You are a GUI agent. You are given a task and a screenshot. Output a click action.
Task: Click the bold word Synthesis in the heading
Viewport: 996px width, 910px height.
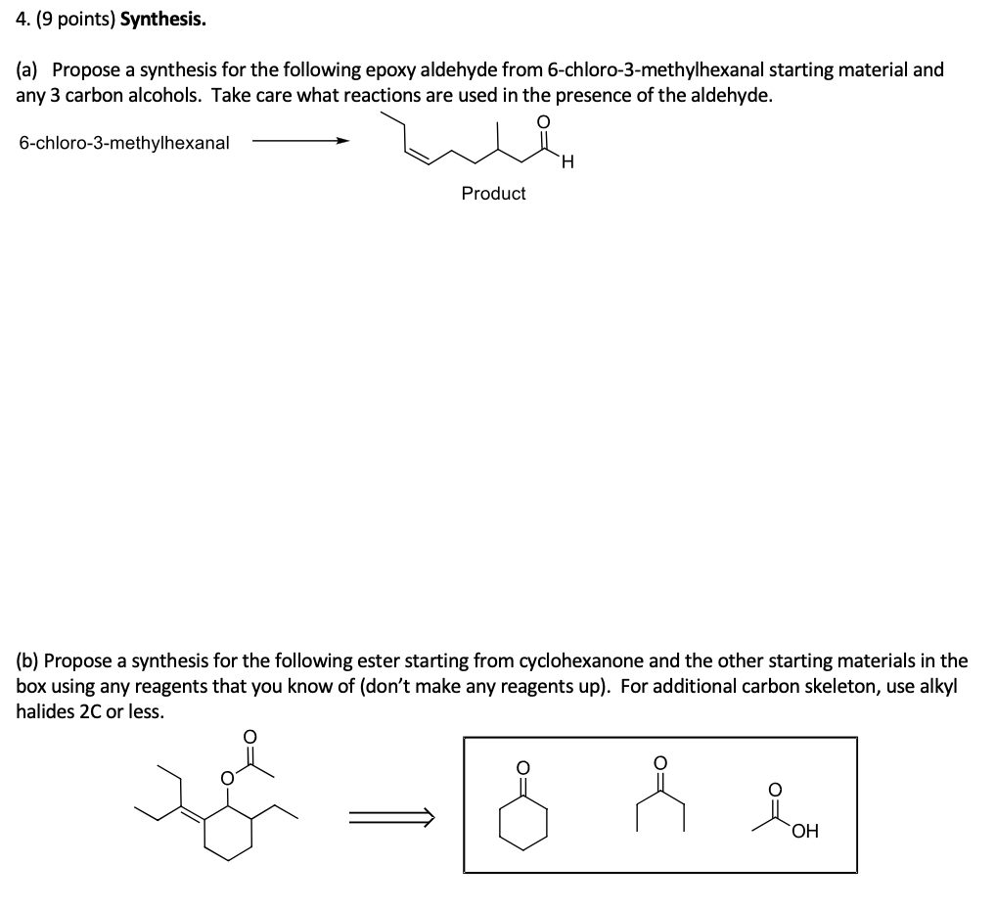click(x=163, y=20)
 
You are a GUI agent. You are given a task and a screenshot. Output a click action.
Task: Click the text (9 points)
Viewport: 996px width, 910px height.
click(x=72, y=20)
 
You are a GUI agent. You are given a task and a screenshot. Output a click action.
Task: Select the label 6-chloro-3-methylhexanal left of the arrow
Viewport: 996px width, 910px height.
click(x=124, y=143)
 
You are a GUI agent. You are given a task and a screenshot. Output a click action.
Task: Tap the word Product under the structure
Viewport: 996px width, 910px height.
click(x=493, y=194)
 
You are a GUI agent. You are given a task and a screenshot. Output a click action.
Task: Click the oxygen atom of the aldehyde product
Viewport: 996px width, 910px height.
click(x=544, y=120)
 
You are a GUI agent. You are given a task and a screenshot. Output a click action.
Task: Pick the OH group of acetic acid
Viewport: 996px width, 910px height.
click(x=804, y=832)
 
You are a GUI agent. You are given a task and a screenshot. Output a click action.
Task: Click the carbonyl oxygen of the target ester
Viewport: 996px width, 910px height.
click(x=249, y=735)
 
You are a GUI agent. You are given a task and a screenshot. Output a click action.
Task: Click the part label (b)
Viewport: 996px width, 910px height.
click(x=27, y=660)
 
